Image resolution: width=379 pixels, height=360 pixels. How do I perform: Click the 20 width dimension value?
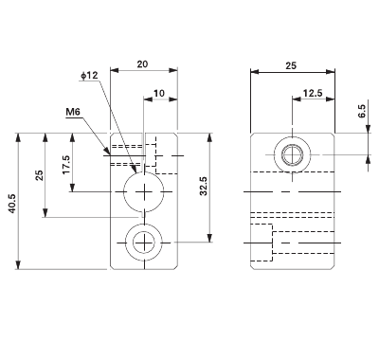click(142, 63)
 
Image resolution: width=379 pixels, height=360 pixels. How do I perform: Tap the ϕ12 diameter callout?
click(91, 76)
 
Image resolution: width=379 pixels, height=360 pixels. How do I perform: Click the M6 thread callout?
click(73, 112)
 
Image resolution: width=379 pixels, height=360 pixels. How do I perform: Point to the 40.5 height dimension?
click(10, 201)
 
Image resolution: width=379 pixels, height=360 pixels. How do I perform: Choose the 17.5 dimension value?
click(65, 163)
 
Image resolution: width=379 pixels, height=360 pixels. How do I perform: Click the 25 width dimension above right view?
click(290, 65)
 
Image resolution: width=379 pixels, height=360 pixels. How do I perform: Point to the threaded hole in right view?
click(291, 153)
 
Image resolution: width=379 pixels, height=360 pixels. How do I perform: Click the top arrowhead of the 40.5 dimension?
click(21, 135)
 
